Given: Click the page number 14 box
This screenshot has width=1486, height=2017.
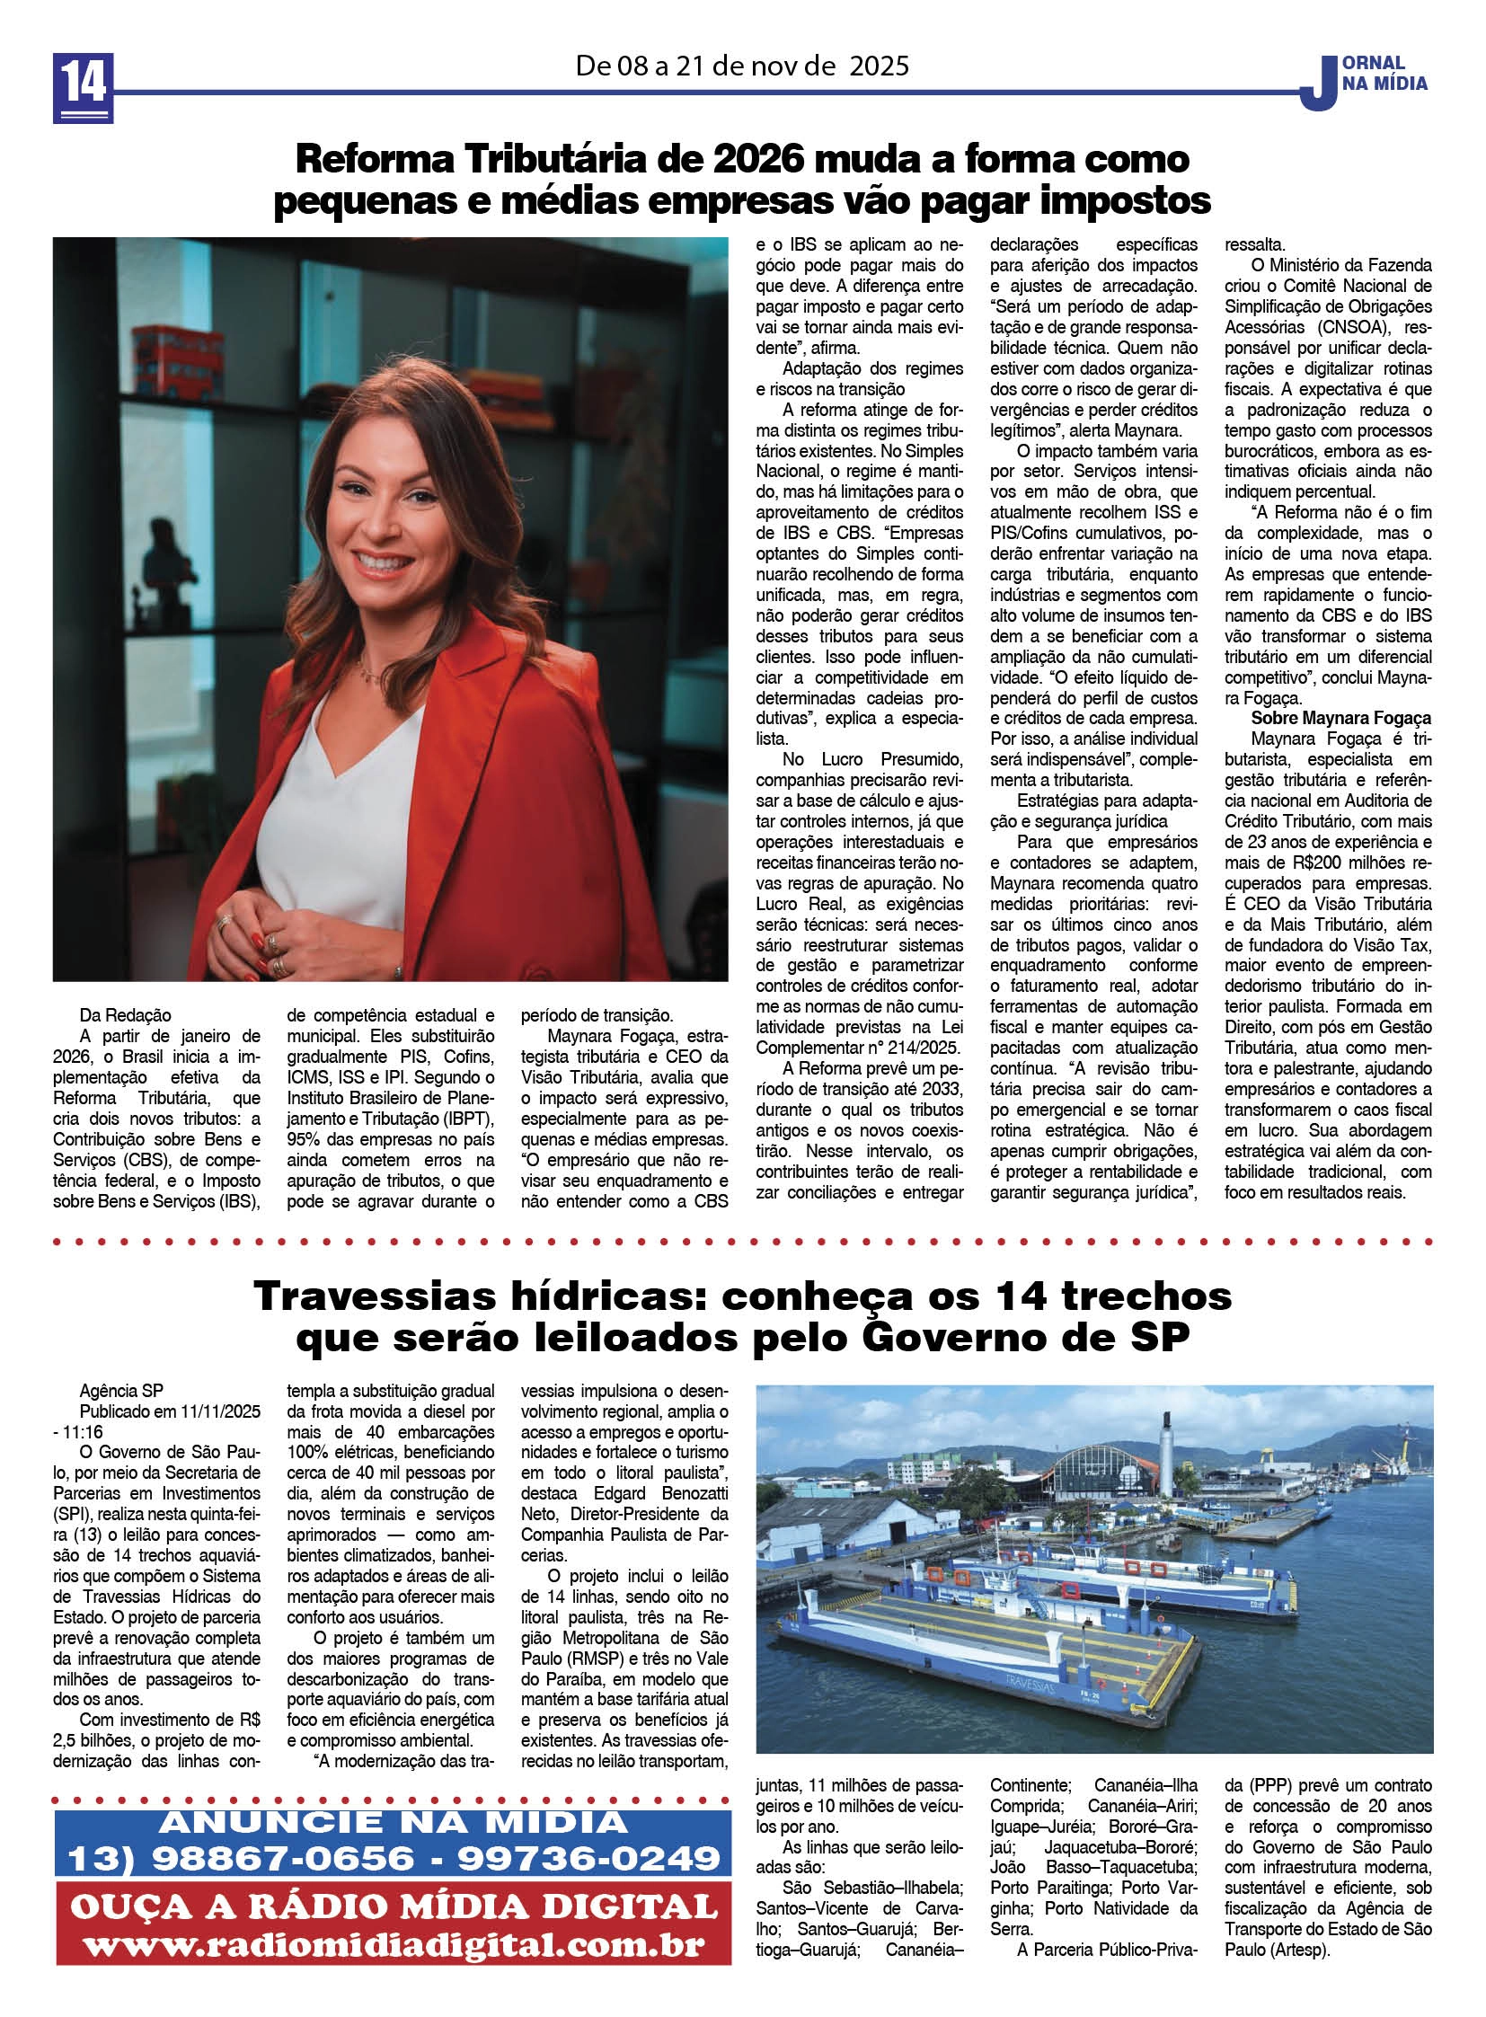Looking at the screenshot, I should (83, 87).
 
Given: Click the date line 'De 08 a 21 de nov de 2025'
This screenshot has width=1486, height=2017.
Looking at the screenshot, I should (742, 66).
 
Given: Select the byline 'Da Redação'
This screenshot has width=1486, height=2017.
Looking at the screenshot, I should (125, 1016).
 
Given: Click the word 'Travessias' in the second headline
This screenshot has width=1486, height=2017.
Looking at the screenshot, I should (376, 1296).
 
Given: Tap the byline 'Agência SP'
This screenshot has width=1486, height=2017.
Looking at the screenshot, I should (121, 1391).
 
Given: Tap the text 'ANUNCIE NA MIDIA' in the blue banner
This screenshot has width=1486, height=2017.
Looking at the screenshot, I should (394, 1823).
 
